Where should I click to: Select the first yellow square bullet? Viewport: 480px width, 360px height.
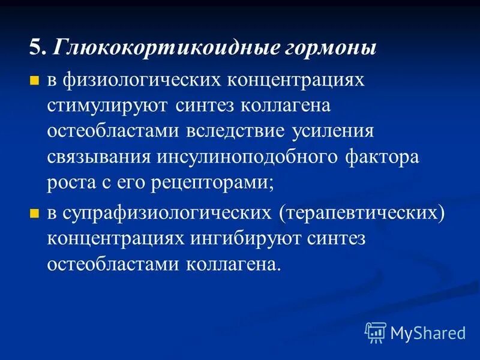pos(35,80)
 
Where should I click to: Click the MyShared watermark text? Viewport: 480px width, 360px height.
pos(428,332)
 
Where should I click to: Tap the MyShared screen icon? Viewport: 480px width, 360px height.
pos(376,332)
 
